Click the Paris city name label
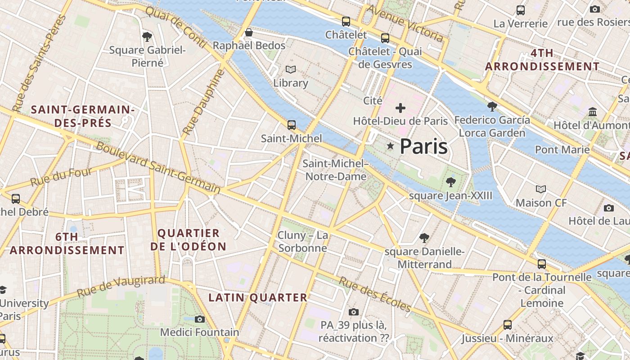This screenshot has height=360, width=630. [x=423, y=146]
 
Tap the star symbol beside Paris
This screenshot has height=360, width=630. [x=390, y=146]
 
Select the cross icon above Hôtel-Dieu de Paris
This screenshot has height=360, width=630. [x=400, y=108]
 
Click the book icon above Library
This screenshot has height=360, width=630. [x=291, y=70]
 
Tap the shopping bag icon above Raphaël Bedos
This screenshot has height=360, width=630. [x=248, y=32]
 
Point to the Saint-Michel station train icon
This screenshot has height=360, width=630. [x=292, y=125]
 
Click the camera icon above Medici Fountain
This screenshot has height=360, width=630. [x=200, y=319]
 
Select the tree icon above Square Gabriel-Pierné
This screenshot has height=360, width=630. [x=147, y=37]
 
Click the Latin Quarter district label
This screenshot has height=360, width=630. [x=258, y=297]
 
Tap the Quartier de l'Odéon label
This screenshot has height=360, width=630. [x=188, y=240]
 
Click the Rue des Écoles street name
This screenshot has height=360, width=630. [x=375, y=294]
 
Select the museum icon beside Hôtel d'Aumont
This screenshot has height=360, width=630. [x=593, y=112]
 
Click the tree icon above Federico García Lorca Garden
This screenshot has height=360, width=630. [x=492, y=107]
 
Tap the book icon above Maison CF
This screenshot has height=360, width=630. [x=541, y=189]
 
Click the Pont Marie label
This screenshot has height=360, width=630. [x=562, y=149]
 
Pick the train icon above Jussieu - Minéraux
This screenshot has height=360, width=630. [x=508, y=324]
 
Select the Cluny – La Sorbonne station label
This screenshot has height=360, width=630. [x=302, y=242]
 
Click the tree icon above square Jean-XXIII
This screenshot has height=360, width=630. [x=450, y=182]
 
